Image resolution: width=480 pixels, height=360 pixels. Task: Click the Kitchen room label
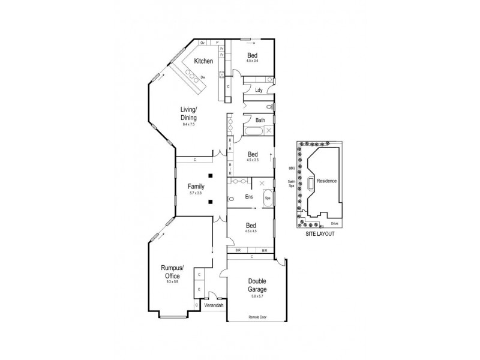coord(204,61)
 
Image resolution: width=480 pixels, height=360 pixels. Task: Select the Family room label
coord(196,187)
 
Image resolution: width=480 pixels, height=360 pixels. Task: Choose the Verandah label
coord(214,305)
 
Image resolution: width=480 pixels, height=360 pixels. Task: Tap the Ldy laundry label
coord(259,91)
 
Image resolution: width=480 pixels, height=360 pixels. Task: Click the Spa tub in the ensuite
coord(268,197)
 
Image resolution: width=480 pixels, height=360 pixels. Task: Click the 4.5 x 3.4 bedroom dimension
coord(253,61)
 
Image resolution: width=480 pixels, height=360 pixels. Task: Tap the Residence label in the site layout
coord(326,181)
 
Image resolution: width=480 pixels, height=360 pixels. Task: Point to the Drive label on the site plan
coord(334,223)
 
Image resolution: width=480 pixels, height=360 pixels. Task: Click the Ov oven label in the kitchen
coord(203,43)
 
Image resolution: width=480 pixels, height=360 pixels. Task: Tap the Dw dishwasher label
coord(203,77)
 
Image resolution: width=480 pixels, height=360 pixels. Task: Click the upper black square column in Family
coord(211,175)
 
